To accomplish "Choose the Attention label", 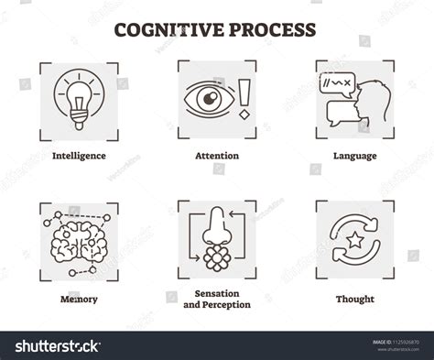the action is [216, 156].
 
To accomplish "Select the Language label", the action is [355, 156].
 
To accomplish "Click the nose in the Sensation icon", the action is [217, 225].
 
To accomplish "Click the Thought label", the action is [355, 299].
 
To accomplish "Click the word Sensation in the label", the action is [216, 293].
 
